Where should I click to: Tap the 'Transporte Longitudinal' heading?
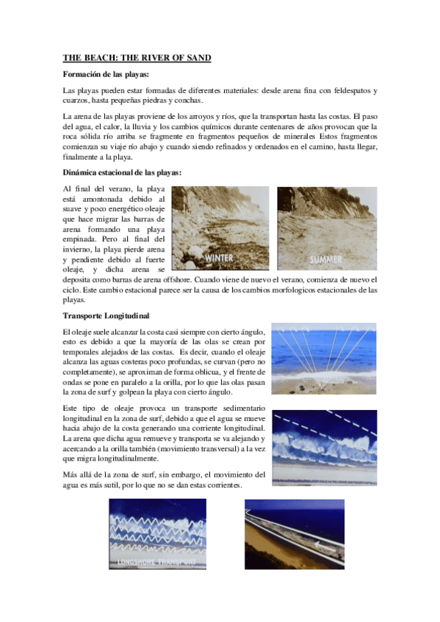pos(106,316)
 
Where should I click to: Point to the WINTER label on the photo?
pos(220,259)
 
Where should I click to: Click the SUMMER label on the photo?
pos(325,259)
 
